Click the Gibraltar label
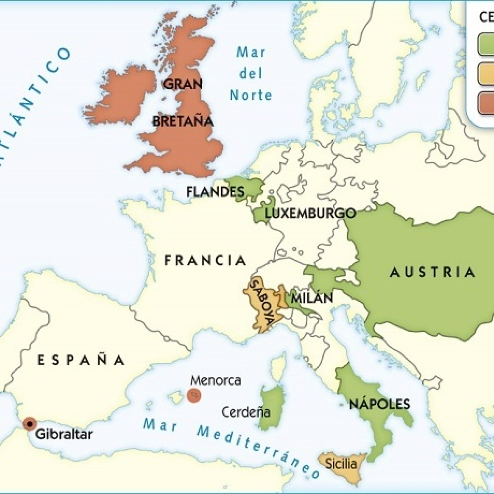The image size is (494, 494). [64, 434]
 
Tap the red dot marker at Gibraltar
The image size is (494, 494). [30, 423]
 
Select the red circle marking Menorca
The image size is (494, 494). [194, 395]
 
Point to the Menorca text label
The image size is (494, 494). [216, 380]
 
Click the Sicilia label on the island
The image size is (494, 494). [341, 463]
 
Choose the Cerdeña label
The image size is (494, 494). [246, 412]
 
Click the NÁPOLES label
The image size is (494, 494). [379, 404]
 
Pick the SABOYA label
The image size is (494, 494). [262, 303]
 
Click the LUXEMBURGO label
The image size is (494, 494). [311, 213]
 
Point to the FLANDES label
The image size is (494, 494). [215, 192]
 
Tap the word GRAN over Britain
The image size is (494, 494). [183, 84]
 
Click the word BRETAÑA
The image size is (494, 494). [183, 121]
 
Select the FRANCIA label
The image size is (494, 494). [205, 260]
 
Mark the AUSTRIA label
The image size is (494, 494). [433, 272]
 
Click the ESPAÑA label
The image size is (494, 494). [81, 360]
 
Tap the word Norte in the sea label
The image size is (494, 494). [251, 95]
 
